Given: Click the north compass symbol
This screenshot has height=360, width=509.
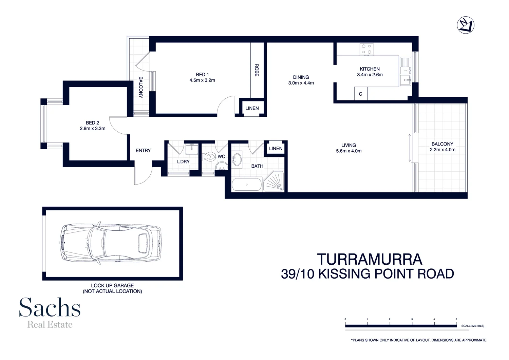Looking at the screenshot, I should point(465,25).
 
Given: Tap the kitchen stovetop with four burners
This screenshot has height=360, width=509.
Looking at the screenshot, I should point(366,49).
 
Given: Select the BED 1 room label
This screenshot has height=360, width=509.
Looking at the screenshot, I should point(202,75).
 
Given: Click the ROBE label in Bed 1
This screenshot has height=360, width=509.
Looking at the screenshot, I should point(257,70).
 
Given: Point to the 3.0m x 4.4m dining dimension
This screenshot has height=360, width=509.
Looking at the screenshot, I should point(301,83).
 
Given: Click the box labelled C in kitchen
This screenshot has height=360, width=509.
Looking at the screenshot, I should point(360,94).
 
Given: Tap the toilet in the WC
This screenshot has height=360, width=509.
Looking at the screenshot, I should point(210,157).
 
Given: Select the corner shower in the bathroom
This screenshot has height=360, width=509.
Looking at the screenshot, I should point(274,182).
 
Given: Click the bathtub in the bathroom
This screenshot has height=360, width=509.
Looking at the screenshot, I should point(247,185).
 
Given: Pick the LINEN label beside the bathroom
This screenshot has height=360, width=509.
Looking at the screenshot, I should point(276,149).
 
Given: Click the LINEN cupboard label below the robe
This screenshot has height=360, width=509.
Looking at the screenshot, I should point(252,108).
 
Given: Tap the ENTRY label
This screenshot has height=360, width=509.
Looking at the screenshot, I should point(143,151).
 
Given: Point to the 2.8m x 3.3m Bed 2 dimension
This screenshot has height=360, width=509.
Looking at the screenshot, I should point(93,129).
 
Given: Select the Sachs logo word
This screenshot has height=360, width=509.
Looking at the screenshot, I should point(50,307).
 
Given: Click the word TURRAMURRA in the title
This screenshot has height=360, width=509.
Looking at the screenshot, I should point(370,260).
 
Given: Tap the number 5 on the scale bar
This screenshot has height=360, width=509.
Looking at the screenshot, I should point(456,319).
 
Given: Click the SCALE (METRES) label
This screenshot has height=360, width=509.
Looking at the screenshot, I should point(473,326).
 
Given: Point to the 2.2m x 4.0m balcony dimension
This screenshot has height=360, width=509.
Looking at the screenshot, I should point(442,150).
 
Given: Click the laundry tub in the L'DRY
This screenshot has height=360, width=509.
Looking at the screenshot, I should point(192,149).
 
